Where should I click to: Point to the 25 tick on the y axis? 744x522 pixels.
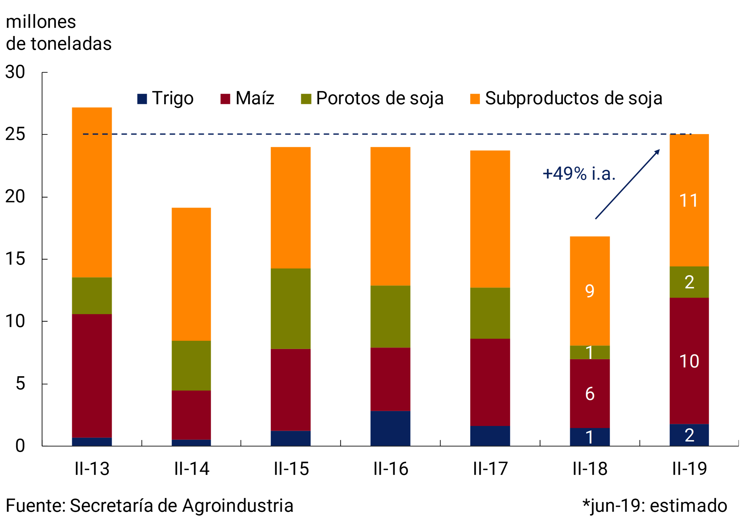[15, 134]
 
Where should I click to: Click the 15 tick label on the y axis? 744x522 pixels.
[15, 259]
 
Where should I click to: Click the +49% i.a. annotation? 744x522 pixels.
[579, 174]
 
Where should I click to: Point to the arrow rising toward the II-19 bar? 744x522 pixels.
[627, 184]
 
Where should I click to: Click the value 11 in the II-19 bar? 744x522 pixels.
[689, 201]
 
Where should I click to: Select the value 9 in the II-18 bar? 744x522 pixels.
[589, 290]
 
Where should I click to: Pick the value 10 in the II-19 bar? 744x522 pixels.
[689, 361]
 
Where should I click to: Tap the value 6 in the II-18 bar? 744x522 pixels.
[589, 394]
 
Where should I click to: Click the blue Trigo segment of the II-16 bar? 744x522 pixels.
[390, 428]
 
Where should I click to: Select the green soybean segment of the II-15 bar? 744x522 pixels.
[290, 309]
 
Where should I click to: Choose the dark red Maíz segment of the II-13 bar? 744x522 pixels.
[92, 376]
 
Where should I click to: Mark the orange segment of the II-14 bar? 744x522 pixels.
[191, 274]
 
